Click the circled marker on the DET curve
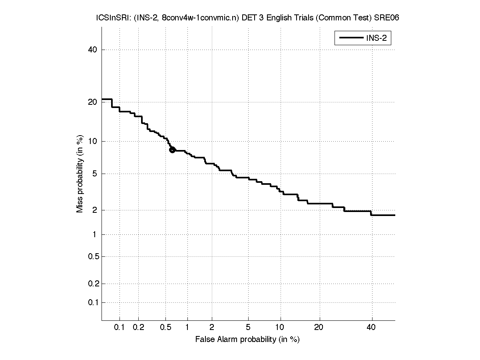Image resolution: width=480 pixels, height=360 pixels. click(x=172, y=150)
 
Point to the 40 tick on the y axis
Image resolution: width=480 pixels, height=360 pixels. click(x=93, y=50)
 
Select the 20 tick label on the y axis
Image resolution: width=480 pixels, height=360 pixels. click(x=93, y=102)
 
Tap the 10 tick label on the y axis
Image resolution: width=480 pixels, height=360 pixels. click(x=93, y=141)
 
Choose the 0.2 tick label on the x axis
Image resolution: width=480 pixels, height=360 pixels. click(x=138, y=328)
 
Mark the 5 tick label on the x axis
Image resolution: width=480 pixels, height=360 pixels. click(x=248, y=328)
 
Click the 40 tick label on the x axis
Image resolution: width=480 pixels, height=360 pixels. click(x=371, y=328)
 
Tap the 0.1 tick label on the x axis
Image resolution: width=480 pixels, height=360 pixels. click(x=120, y=328)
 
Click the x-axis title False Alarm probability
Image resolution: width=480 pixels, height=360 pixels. click(x=247, y=340)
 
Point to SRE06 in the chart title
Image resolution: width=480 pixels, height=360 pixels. click(x=387, y=18)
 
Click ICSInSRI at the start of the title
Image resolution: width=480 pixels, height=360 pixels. click(x=108, y=18)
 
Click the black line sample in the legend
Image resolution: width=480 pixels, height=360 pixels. click(x=350, y=38)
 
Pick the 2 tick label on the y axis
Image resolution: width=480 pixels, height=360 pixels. click(x=94, y=210)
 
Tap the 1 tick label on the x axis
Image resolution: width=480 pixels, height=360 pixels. click(x=187, y=328)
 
